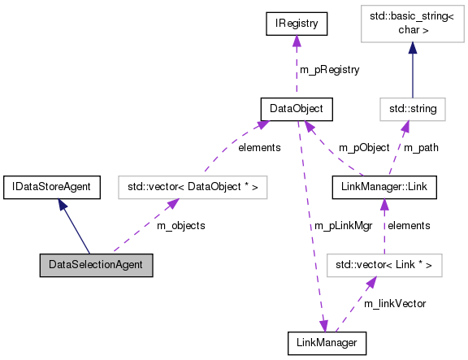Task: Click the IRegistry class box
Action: [297, 25]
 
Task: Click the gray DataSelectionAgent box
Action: [96, 265]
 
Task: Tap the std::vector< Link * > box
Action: [383, 265]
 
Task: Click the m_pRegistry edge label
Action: [330, 70]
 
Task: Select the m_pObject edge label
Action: [363, 148]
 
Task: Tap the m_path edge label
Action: [422, 148]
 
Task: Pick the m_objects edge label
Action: [180, 225]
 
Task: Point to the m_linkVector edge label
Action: [395, 303]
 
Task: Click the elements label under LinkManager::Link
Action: [409, 225]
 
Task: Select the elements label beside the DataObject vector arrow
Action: [259, 148]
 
